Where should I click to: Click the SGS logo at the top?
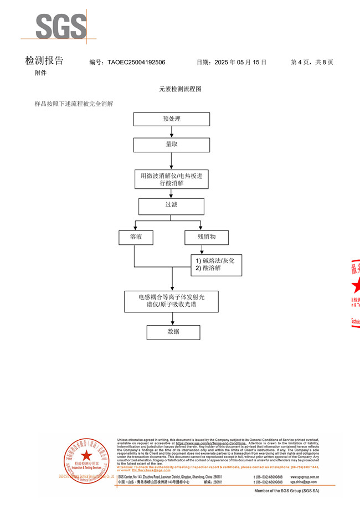point(61,26)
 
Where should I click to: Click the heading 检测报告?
point(44,61)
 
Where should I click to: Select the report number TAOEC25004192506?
point(136,63)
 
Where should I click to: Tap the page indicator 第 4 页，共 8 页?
point(312,63)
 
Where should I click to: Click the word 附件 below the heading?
point(40,73)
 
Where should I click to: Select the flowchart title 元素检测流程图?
point(180,89)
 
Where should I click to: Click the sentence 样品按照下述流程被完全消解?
point(74,104)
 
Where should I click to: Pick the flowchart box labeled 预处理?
point(172,119)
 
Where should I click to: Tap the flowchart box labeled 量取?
point(172,144)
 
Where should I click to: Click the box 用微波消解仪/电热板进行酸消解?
point(172,179)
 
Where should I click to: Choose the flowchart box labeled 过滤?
point(172,206)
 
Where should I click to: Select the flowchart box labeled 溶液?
point(136,237)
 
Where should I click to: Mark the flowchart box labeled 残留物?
point(207,237)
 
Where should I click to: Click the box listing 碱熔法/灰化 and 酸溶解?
point(217,264)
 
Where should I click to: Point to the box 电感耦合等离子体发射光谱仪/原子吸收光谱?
point(172,301)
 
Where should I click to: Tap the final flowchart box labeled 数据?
point(173,332)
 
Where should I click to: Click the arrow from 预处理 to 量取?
point(172,131)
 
